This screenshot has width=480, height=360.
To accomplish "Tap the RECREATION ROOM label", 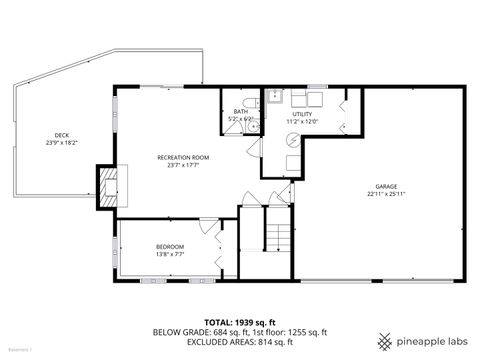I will pos(182,157).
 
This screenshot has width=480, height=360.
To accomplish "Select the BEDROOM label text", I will pos(169,246).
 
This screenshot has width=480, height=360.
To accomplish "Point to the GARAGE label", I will pos(386,186).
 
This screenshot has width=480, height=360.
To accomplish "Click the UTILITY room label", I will pos(302,114).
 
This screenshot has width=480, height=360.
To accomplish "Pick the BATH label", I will pos(241,111).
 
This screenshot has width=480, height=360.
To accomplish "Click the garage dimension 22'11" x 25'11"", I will pos(386,194).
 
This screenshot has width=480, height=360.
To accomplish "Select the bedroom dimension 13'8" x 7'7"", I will pos(169,254).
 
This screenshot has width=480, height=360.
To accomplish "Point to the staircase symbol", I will pos(278,237).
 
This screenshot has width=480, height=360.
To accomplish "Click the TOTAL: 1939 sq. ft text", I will pos(240,322).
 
